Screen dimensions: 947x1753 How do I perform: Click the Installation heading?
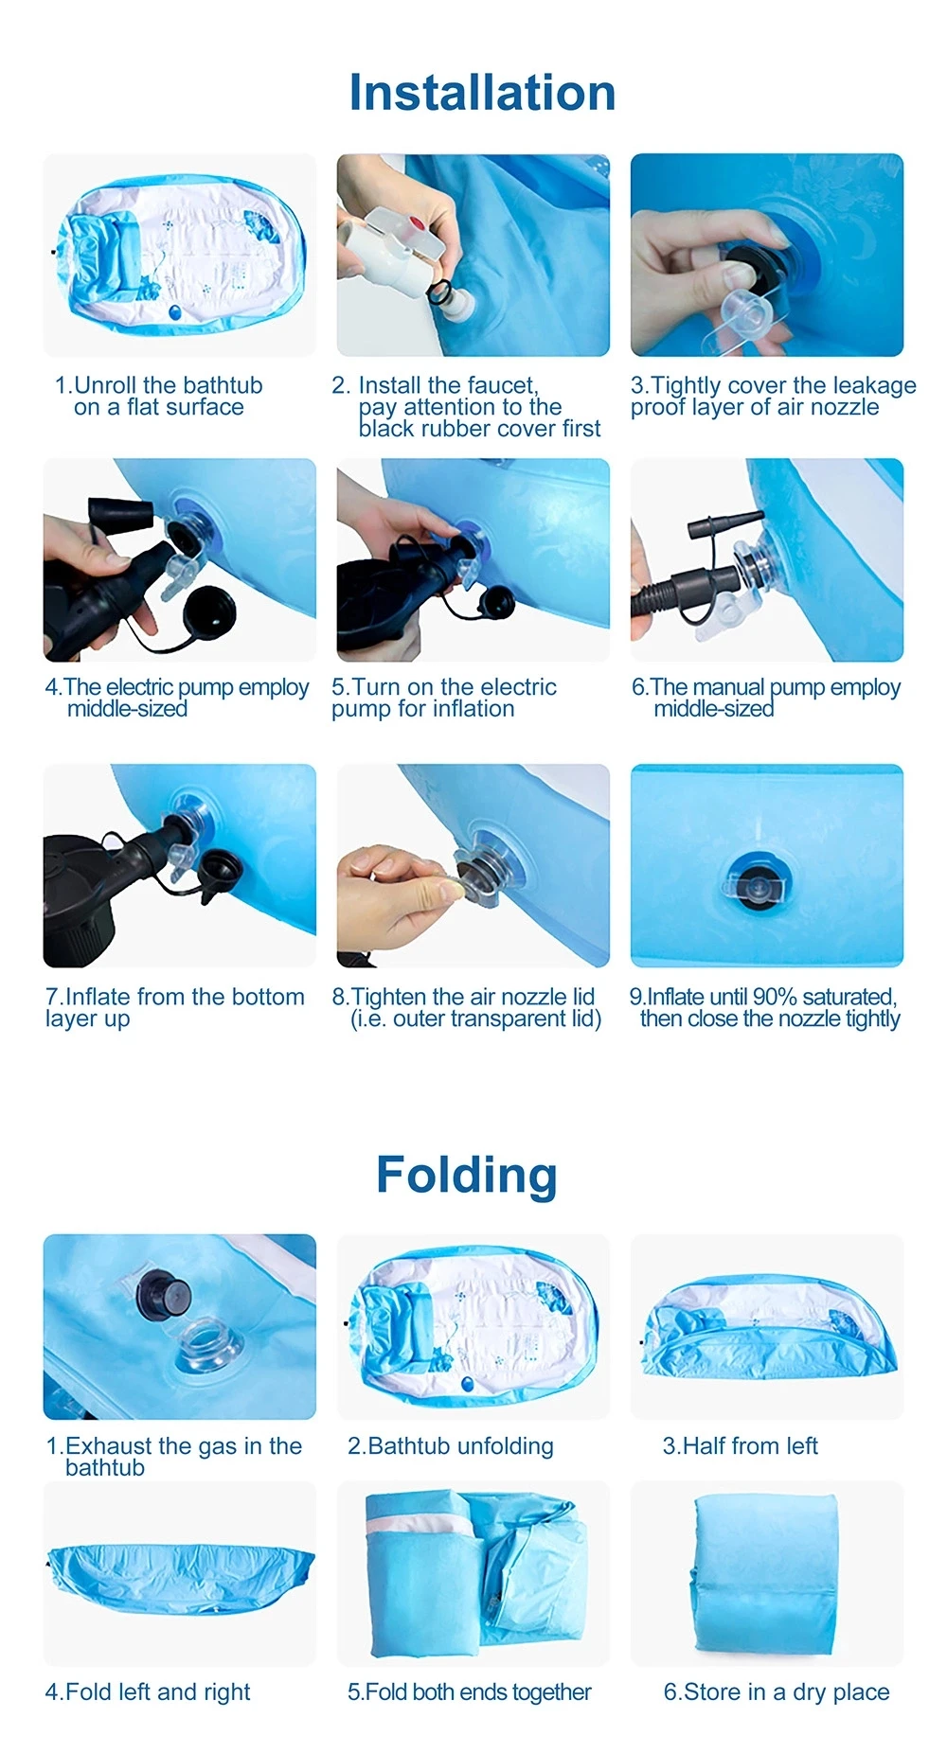[x=482, y=93]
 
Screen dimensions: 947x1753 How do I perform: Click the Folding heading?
[x=467, y=1175]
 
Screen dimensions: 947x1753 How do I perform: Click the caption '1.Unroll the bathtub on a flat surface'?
[x=159, y=397]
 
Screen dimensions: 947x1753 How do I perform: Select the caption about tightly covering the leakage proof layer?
[x=773, y=397]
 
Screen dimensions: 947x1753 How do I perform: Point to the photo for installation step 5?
[x=473, y=559]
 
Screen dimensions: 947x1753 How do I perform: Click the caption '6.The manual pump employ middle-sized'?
[x=766, y=698]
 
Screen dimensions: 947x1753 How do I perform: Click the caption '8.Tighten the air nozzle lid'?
[x=463, y=997]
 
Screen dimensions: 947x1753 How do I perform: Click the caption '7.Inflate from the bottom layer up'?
[x=175, y=1008]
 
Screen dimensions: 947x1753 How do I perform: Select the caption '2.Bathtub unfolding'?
[x=451, y=1446]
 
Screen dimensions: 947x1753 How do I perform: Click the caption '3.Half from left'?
[x=741, y=1446]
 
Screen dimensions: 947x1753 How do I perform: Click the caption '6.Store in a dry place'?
[x=777, y=1692]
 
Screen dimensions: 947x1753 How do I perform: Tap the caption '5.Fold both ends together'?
[x=470, y=1692]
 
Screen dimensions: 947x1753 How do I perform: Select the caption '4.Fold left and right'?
[x=148, y=1692]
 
